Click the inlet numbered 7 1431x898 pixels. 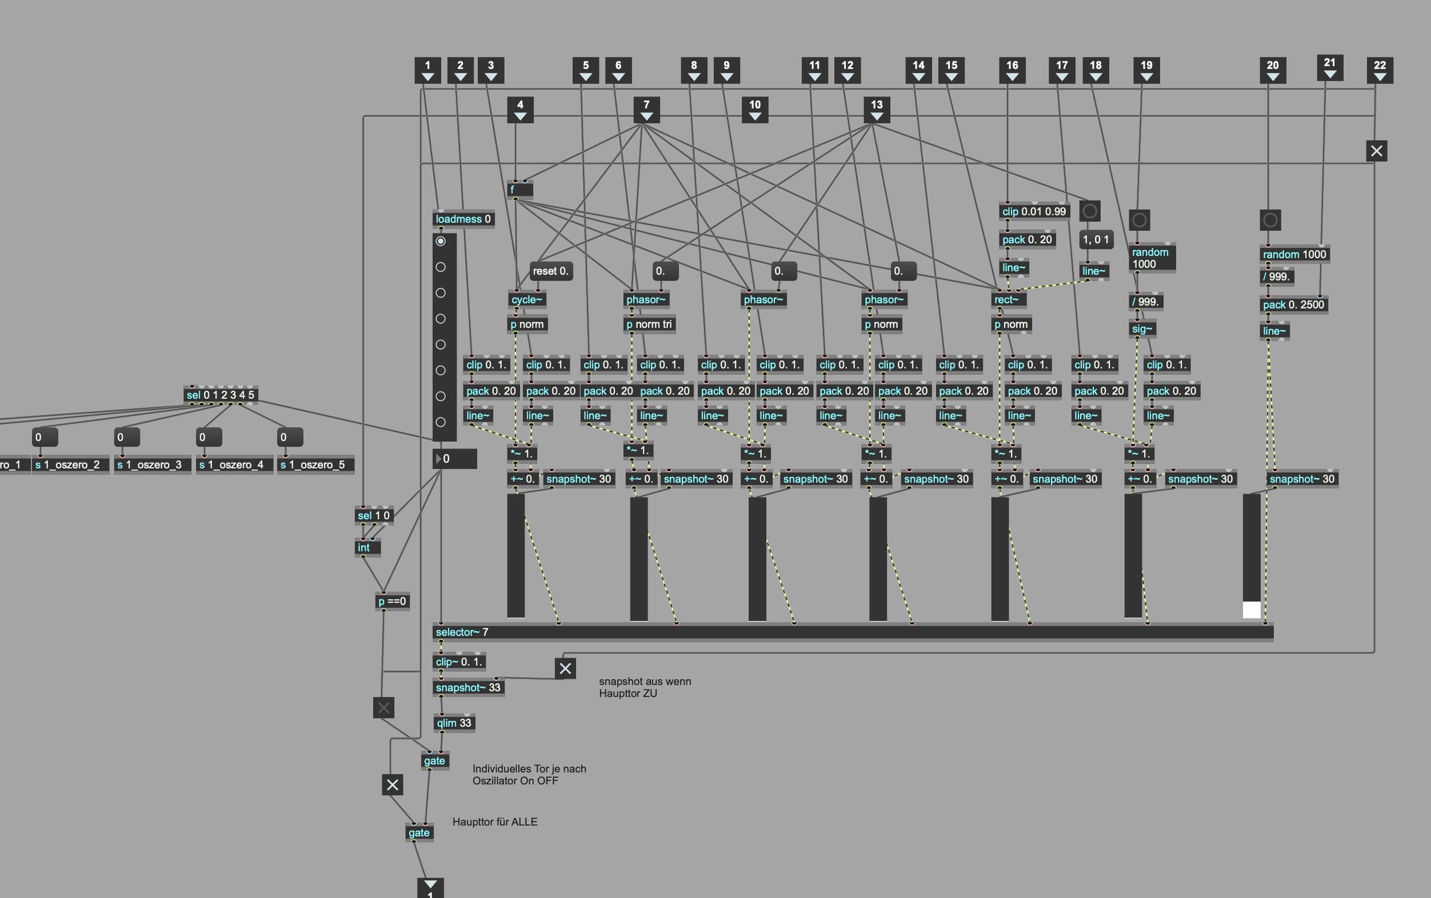pyautogui.click(x=646, y=110)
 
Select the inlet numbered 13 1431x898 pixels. pyautogui.click(x=877, y=110)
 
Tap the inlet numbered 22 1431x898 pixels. pyautogui.click(x=1380, y=70)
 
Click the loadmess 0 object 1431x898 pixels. pyautogui.click(x=463, y=219)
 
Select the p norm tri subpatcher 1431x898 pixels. pyautogui.click(x=649, y=325)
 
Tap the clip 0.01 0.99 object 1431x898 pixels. pyautogui.click(x=1034, y=211)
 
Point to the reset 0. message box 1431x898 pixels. pyautogui.click(x=551, y=271)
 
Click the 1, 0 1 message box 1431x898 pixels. pyautogui.click(x=1096, y=239)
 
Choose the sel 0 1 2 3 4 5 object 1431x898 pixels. pyautogui.click(x=220, y=395)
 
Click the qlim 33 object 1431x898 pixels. pyautogui.click(x=454, y=723)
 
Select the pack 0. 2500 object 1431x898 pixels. pyautogui.click(x=1293, y=304)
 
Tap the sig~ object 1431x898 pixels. pyautogui.click(x=1142, y=329)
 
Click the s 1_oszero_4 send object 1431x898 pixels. pyautogui.click(x=235, y=464)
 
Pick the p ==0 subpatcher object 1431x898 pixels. pyautogui.click(x=392, y=602)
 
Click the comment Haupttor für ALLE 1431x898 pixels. pyautogui.click(x=495, y=822)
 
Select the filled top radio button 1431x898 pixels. pyautogui.click(x=441, y=241)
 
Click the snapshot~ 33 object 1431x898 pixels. pyautogui.click(x=469, y=688)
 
